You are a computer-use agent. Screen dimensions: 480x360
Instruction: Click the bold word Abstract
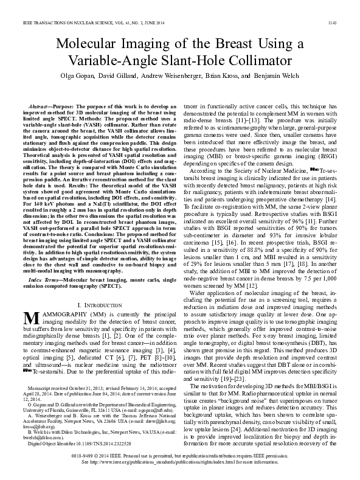(41, 105)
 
